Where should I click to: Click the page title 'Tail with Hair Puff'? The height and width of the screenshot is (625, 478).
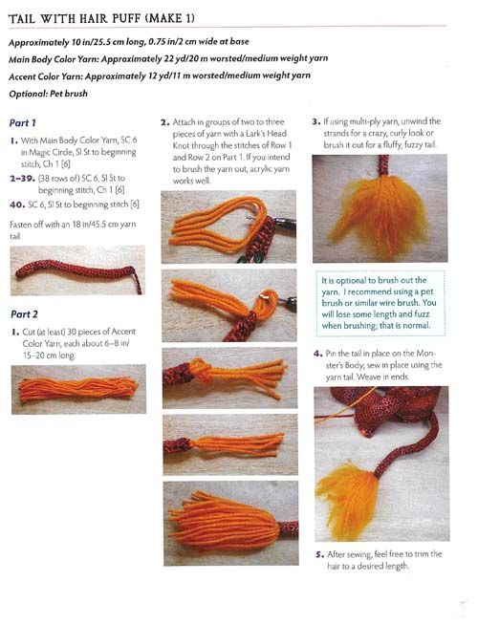[75, 19]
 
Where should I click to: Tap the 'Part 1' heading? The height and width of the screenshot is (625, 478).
[23, 122]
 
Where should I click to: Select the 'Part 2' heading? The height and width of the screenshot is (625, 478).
[24, 314]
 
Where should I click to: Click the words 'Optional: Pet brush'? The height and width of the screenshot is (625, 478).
[48, 94]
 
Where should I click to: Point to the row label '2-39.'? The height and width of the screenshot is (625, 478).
[22, 178]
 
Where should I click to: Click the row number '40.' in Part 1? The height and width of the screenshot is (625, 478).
[17, 205]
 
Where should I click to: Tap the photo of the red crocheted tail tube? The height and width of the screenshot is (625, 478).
[77, 270]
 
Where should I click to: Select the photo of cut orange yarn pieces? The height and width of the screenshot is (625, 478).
[78, 389]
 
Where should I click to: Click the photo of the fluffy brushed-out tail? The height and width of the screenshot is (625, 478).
[380, 208]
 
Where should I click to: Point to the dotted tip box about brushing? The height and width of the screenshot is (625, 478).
[380, 303]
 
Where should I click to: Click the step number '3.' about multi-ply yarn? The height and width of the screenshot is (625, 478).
[316, 121]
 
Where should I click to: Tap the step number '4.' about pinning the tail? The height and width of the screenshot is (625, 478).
[317, 354]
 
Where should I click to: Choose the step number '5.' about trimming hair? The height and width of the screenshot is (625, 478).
[319, 554]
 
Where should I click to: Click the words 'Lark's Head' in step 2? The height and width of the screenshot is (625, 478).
[267, 134]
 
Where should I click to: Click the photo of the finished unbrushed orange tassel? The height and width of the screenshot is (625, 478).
[230, 524]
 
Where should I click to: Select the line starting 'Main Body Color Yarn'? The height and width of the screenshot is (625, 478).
[168, 59]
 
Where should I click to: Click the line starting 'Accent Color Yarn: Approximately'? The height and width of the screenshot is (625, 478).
[160, 75]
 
